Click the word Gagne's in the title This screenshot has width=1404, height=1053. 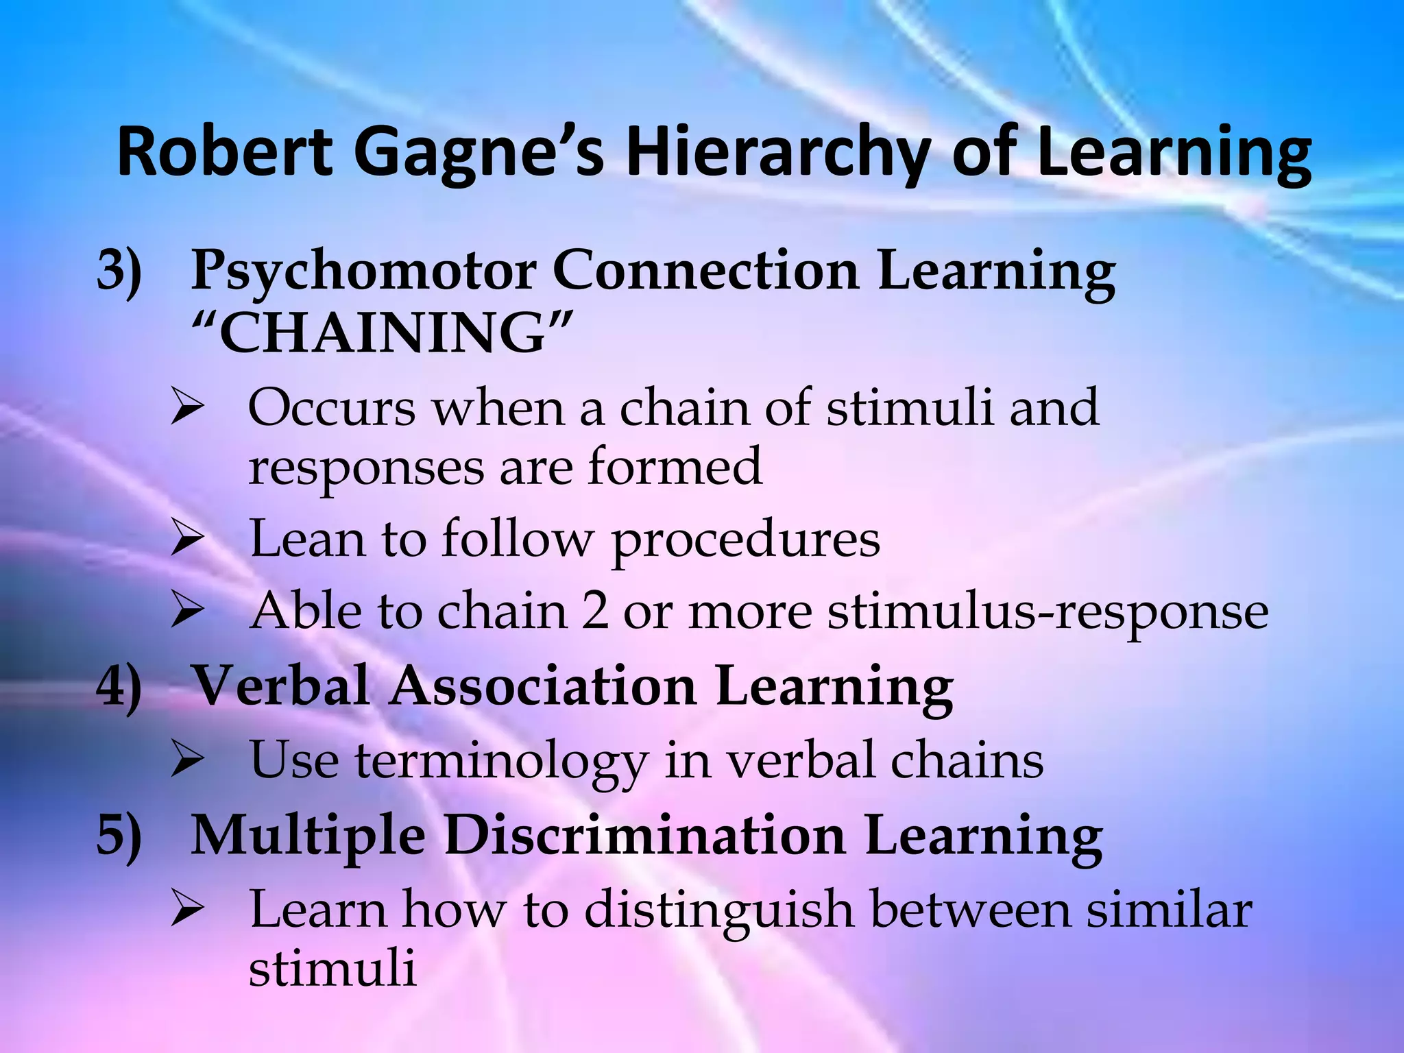click(479, 154)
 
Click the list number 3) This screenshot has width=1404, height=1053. click(119, 271)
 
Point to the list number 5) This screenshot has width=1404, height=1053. click(119, 836)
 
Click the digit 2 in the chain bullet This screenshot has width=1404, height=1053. click(594, 611)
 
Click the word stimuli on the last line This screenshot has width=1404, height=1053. click(332, 969)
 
